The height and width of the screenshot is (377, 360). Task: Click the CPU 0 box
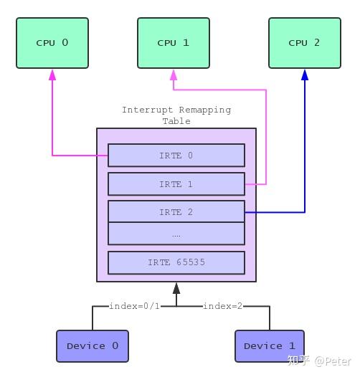coord(52,43)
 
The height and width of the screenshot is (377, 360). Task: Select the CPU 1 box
coord(173,43)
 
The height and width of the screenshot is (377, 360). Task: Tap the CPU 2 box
coord(304,43)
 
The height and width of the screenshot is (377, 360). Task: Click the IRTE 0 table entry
coord(176,156)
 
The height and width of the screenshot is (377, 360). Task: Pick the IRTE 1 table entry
coord(176,184)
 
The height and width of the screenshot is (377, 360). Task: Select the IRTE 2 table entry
coord(176,212)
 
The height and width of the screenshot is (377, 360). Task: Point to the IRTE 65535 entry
coord(176,262)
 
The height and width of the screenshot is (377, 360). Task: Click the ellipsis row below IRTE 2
coord(176,234)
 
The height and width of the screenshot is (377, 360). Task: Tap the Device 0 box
coord(92,346)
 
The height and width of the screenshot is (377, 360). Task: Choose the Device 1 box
coord(270,346)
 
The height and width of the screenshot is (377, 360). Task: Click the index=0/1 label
coord(135,306)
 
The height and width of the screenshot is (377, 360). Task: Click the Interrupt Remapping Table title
coord(176,115)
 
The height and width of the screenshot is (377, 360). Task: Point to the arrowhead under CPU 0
coord(52,75)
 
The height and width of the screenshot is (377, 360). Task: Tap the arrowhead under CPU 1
coord(173,75)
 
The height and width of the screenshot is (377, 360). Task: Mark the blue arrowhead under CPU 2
coord(305,75)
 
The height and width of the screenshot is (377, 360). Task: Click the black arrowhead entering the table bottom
coord(176,288)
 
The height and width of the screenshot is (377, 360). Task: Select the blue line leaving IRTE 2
coord(276,212)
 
